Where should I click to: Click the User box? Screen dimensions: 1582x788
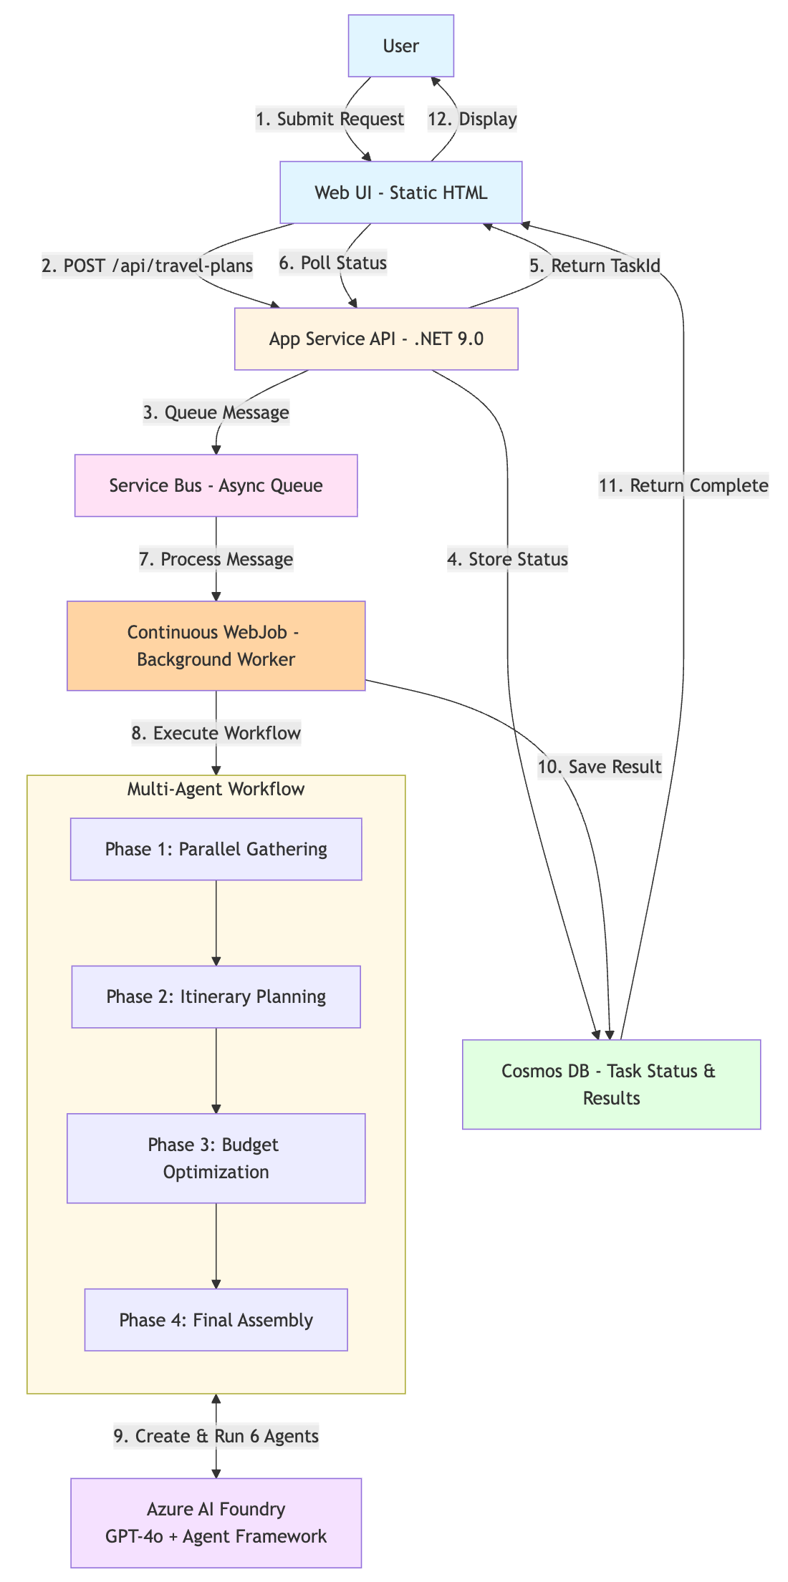click(x=400, y=46)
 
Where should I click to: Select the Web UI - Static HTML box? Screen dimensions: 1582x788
click(x=400, y=193)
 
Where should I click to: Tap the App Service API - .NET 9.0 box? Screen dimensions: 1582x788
click(x=376, y=339)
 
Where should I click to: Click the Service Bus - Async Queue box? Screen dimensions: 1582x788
click(x=216, y=485)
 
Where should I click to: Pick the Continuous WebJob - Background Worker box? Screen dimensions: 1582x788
click(x=216, y=646)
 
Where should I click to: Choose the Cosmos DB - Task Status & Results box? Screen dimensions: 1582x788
click(x=611, y=1084)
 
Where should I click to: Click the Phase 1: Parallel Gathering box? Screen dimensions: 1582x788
click(x=216, y=849)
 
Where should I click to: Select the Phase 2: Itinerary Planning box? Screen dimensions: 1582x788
click(x=216, y=996)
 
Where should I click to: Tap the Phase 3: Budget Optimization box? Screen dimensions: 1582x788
click(x=216, y=1158)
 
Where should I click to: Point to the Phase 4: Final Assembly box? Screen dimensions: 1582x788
click(x=216, y=1320)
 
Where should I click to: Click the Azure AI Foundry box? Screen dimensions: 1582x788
click(x=216, y=1523)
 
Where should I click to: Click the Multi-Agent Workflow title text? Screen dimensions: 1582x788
click(x=216, y=789)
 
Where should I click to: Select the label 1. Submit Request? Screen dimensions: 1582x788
click(x=330, y=119)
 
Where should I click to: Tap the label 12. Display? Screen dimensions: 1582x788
click(x=472, y=119)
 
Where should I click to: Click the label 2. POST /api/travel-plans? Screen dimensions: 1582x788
click(x=147, y=266)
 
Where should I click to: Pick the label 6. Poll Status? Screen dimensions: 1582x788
click(x=332, y=263)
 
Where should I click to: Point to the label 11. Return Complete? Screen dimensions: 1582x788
click(x=683, y=485)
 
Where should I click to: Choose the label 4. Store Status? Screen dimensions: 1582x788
click(x=507, y=559)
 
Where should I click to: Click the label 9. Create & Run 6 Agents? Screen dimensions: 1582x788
click(x=216, y=1436)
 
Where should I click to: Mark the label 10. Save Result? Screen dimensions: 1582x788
click(x=599, y=767)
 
